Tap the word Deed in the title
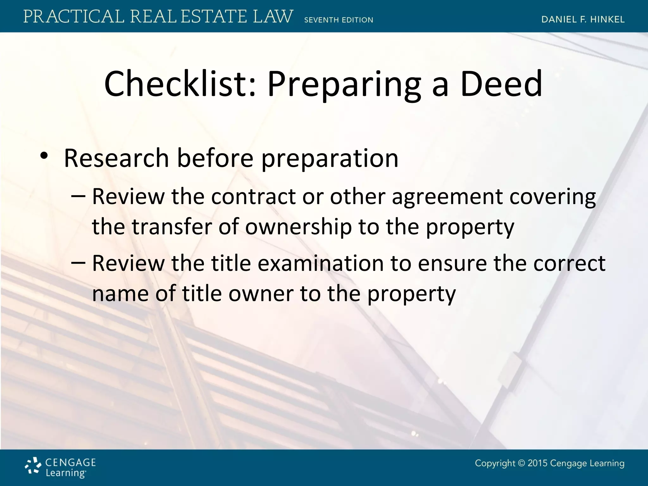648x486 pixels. point(502,84)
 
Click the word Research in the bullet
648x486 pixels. point(116,158)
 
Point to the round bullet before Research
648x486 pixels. point(44,156)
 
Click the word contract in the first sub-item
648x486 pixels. point(253,197)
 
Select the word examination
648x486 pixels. point(321,263)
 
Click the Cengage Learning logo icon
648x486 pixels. point(33,466)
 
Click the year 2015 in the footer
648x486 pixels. point(538,464)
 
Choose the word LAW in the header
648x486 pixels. point(273,16)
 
